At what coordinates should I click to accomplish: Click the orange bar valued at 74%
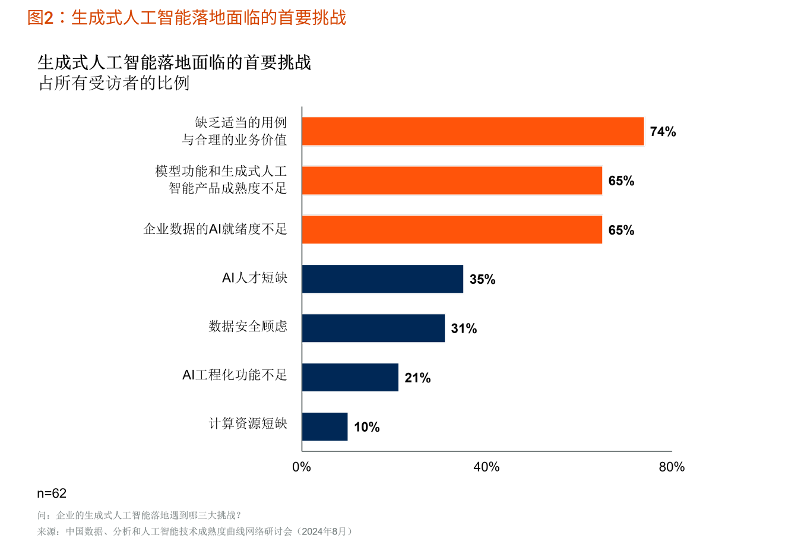pyautogui.click(x=473, y=131)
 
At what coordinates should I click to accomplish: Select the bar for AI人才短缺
pyautogui.click(x=382, y=279)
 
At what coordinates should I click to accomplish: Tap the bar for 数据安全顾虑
pyautogui.click(x=373, y=328)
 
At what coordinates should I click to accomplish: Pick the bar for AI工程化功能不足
pyautogui.click(x=350, y=378)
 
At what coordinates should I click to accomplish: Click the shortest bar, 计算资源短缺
pyautogui.click(x=324, y=427)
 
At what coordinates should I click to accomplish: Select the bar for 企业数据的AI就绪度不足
pyautogui.click(x=452, y=230)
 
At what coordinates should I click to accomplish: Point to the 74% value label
pyautogui.click(x=663, y=132)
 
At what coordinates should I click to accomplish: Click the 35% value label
pyautogui.click(x=482, y=280)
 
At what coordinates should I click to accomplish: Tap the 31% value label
pyautogui.click(x=464, y=329)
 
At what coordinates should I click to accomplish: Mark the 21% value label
pyautogui.click(x=417, y=378)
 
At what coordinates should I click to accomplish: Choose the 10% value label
pyautogui.click(x=366, y=428)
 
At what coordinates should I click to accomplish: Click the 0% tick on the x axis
pyautogui.click(x=302, y=467)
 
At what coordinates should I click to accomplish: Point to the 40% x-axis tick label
pyautogui.click(x=486, y=467)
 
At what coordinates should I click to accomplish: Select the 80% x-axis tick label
pyautogui.click(x=672, y=467)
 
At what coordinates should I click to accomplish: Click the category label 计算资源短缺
pyautogui.click(x=248, y=423)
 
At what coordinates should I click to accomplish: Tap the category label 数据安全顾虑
pyautogui.click(x=248, y=326)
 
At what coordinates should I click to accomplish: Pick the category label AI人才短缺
pyautogui.click(x=255, y=278)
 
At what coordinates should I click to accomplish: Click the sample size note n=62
pyautogui.click(x=52, y=493)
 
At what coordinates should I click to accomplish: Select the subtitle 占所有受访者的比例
pyautogui.click(x=114, y=83)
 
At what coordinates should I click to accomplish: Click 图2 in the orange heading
pyautogui.click(x=40, y=18)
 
